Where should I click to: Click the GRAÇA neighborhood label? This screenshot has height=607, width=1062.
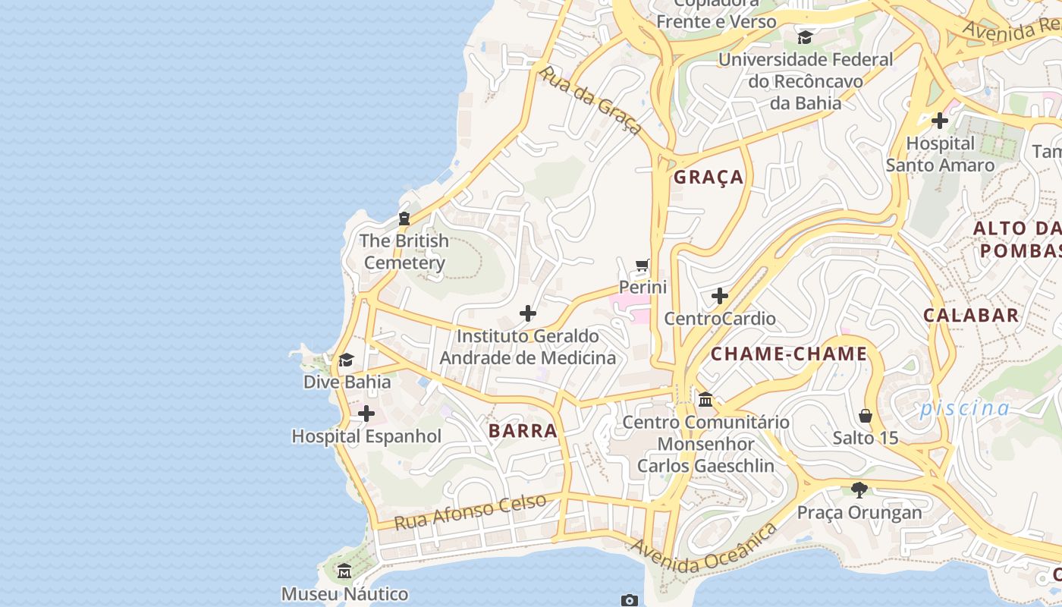709,178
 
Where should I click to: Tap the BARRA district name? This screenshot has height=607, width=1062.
523,431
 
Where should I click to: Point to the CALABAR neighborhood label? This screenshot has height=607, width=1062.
971,316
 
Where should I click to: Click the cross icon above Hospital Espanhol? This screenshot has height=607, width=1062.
366,414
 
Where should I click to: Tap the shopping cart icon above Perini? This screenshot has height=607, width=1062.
643,266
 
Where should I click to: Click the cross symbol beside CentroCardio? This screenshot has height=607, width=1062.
720,296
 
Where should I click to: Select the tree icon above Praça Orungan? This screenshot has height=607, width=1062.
859,490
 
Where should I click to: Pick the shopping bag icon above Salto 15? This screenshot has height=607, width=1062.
866,416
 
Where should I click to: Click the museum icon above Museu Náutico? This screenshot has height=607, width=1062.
344,571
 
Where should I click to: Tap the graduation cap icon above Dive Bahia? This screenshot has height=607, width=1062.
347,360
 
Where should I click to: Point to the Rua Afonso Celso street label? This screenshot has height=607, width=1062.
470,512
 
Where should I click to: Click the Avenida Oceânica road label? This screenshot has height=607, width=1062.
704,548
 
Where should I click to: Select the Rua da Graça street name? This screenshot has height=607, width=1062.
591,100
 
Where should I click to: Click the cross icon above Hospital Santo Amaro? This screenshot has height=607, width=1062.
940,121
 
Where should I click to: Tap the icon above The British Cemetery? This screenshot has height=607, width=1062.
404,219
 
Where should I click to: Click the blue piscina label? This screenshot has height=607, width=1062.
965,408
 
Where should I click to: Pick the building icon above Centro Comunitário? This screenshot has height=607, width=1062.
705,399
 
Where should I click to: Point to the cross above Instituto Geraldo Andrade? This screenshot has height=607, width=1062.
528,313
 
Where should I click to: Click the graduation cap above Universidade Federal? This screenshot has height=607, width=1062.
805,37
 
